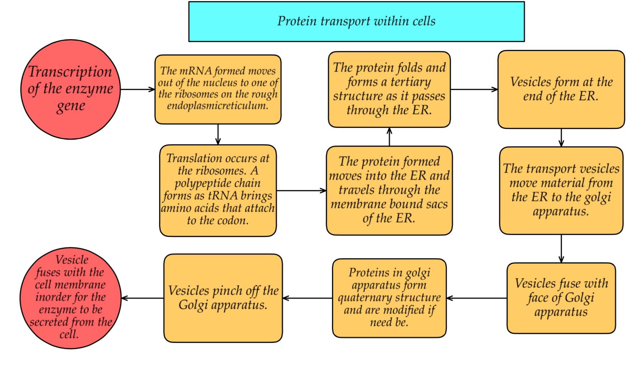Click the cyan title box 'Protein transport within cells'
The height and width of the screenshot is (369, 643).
[x=356, y=22]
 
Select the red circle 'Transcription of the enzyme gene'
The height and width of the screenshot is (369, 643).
[x=70, y=89]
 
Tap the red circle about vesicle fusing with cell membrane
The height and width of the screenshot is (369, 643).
[x=70, y=298]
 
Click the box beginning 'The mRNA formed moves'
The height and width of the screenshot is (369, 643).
[x=218, y=89]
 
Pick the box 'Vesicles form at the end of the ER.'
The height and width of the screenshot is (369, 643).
[x=561, y=89]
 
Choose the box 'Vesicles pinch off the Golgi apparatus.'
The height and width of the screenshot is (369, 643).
[x=223, y=298]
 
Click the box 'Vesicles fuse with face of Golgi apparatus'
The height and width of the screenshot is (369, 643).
[x=561, y=298]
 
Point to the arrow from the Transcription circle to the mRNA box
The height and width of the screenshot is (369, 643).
[x=137, y=89]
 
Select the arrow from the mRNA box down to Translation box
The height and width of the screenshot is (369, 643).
[x=218, y=134]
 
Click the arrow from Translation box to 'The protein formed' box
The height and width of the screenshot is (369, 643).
[x=301, y=191]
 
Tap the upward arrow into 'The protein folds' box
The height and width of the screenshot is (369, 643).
[x=389, y=137]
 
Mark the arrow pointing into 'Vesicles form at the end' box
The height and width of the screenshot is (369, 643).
[x=474, y=89]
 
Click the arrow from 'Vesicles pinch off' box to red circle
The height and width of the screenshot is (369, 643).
[x=143, y=298]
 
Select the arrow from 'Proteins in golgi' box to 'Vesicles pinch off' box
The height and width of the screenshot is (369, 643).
[x=307, y=298]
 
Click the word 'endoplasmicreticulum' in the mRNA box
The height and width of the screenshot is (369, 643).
[x=217, y=106]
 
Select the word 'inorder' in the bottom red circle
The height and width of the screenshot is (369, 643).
[x=52, y=297]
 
